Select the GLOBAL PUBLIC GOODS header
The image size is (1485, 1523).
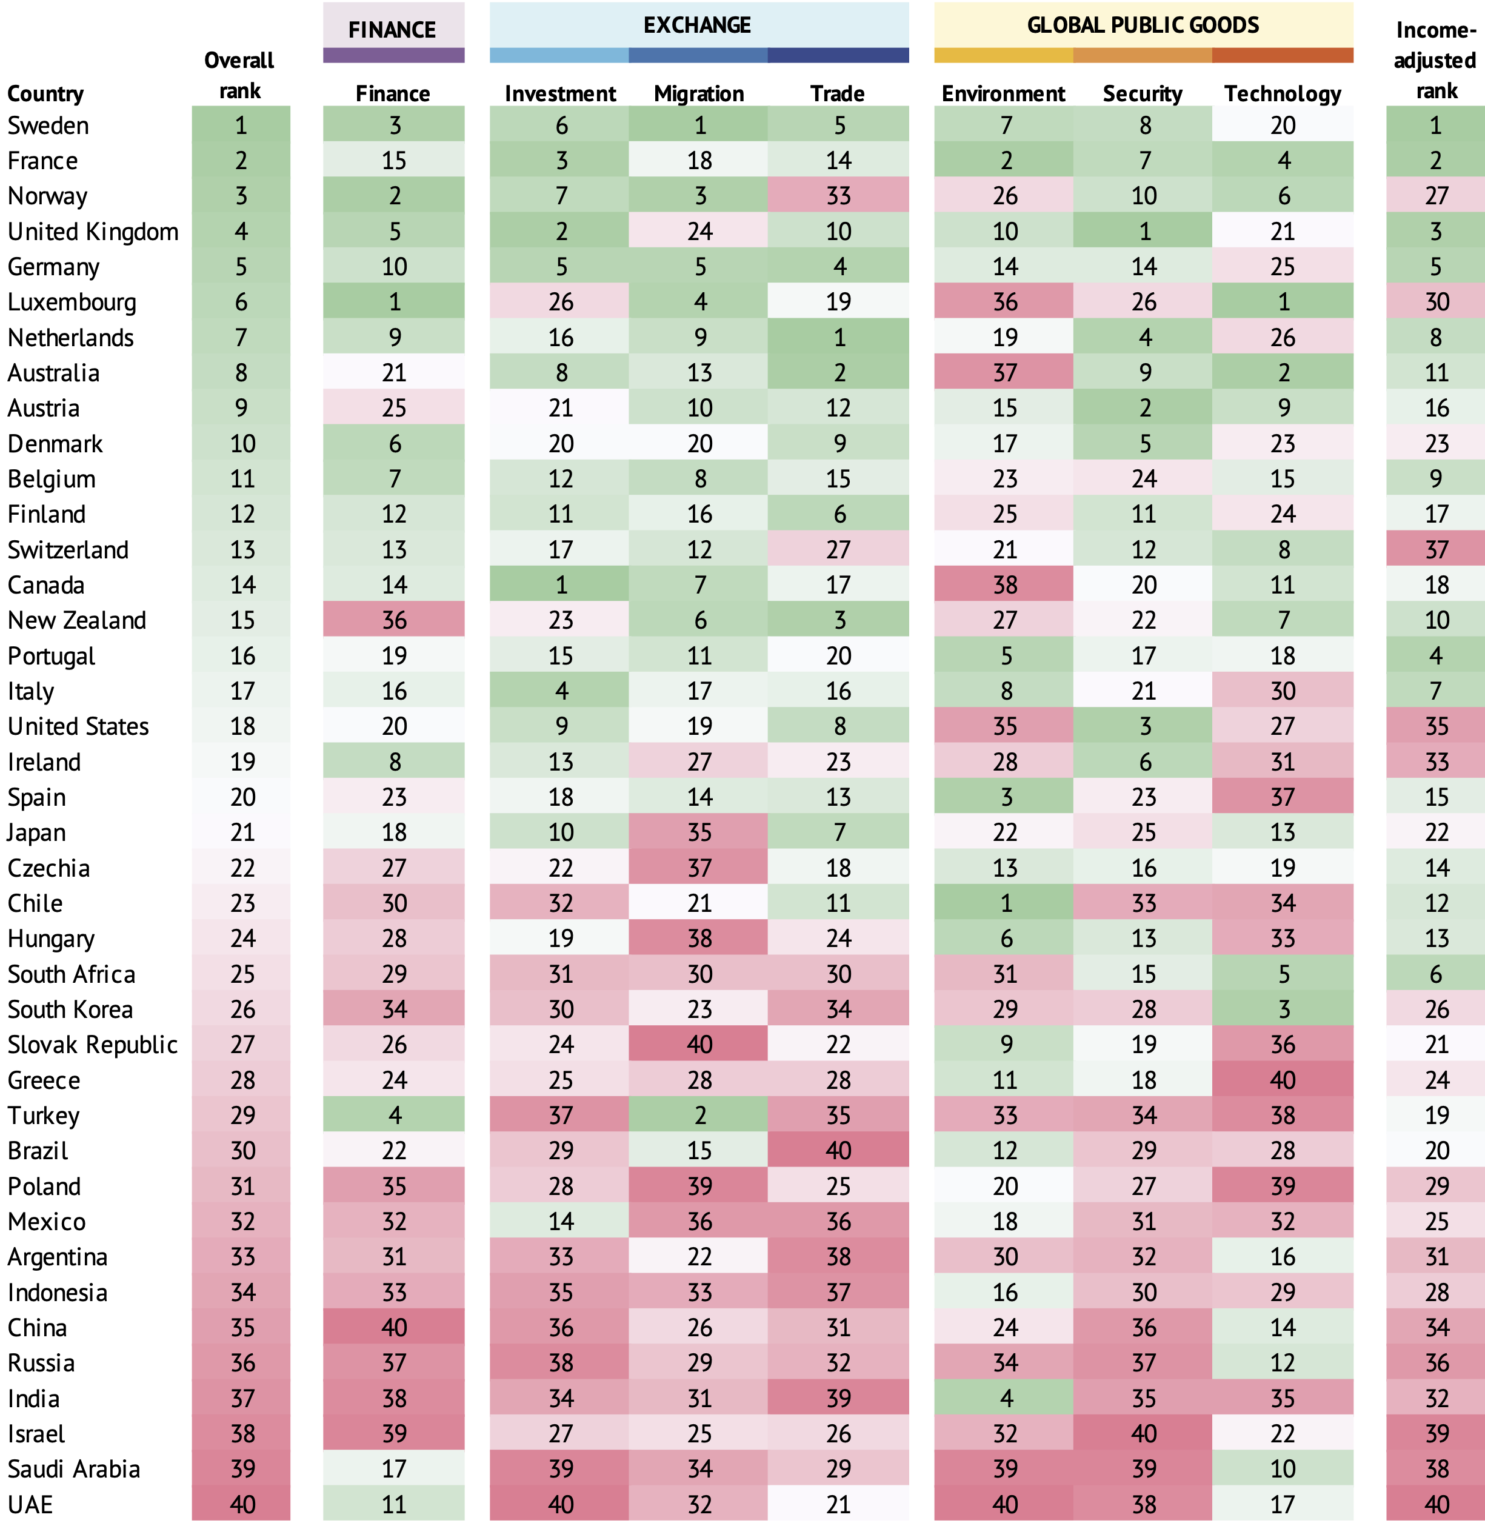pos(1143,25)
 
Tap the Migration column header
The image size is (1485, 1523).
pos(699,93)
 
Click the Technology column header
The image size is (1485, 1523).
pos(1282,93)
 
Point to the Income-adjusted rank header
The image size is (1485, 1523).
pos(1436,61)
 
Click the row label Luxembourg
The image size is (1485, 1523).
pos(72,302)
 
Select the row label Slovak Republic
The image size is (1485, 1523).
pos(93,1045)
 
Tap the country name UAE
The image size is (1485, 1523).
pos(30,1504)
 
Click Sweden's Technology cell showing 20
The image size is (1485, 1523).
pos(1282,125)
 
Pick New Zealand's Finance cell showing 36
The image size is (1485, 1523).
pos(394,620)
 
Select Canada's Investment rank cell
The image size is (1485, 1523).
pos(561,584)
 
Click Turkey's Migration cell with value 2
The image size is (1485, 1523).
pos(699,1116)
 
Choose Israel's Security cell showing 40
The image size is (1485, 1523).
pos(1143,1433)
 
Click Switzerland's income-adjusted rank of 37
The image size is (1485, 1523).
pos(1436,549)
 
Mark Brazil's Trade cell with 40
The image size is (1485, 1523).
pos(838,1151)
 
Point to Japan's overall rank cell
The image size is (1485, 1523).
pos(242,832)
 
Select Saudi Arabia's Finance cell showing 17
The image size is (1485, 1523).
pos(394,1469)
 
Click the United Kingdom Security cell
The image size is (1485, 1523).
pos(1143,231)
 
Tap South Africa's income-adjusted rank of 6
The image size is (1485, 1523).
pos(1436,974)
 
